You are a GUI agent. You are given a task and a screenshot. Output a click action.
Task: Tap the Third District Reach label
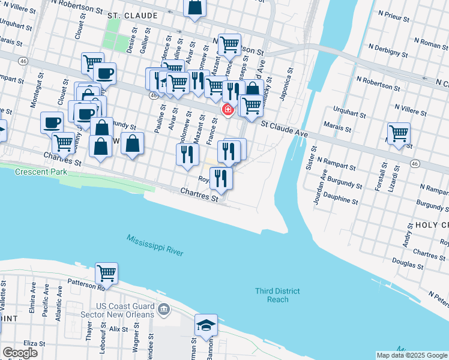click(x=277, y=295)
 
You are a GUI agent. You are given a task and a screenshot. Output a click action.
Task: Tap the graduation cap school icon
click(x=206, y=326)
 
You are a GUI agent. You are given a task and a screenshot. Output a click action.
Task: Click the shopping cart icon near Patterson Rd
click(x=106, y=273)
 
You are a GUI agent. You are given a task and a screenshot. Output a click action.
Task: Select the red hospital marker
click(x=228, y=110)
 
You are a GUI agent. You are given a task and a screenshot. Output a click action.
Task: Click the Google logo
click(x=19, y=353)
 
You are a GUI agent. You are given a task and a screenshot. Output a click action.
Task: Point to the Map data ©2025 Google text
click(x=412, y=355)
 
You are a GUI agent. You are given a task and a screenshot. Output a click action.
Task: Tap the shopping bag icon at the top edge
click(x=195, y=8)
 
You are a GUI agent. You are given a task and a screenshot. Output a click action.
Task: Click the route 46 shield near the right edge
click(x=415, y=163)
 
